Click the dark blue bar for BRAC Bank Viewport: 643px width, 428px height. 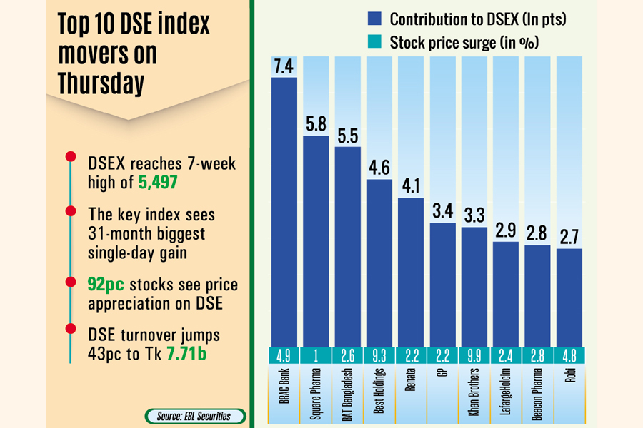point(284,210)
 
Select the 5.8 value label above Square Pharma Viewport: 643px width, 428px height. point(316,122)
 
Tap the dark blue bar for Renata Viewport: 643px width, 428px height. point(411,271)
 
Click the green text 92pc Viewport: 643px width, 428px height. point(106,285)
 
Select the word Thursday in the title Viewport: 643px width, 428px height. point(101,83)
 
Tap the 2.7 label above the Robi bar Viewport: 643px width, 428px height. point(569,235)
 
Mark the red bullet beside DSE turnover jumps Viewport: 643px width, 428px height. point(70,330)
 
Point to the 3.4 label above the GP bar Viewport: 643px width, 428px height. point(443,210)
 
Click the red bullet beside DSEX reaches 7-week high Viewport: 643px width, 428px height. point(70,157)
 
